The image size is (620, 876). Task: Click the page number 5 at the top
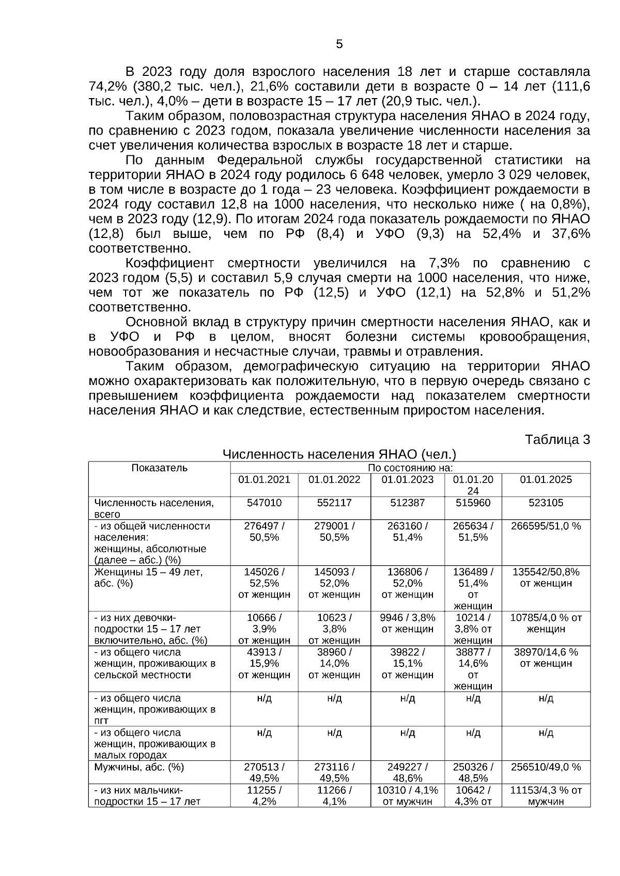(339, 44)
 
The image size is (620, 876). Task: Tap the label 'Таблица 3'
(557, 440)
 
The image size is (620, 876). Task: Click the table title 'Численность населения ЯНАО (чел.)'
(339, 454)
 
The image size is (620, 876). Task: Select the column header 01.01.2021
(264, 480)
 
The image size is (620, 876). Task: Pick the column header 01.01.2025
(546, 480)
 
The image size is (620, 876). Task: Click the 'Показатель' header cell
(159, 468)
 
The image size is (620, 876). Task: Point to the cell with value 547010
(264, 503)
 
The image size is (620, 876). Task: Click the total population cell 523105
(546, 503)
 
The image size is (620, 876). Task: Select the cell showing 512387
(407, 503)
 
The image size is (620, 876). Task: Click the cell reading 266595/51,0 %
(546, 526)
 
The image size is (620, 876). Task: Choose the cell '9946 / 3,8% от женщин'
(407, 623)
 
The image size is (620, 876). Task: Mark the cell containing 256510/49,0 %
(546, 767)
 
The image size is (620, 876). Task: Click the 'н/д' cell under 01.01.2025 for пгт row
(546, 698)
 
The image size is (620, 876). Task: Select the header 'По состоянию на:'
(410, 468)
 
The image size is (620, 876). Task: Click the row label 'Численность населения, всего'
(153, 508)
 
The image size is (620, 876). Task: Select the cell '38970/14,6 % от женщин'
(546, 658)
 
